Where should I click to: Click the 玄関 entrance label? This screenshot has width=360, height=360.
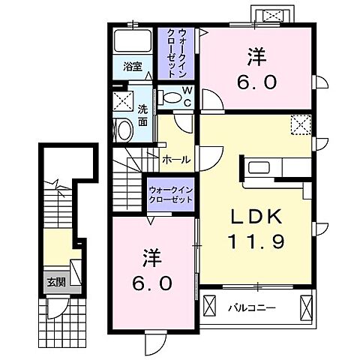click(55, 283)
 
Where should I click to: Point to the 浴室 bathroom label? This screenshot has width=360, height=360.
click(133, 65)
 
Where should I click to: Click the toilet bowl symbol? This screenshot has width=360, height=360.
click(172, 97)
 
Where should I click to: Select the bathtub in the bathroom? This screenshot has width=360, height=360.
click(133, 40)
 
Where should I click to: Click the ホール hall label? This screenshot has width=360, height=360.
click(176, 160)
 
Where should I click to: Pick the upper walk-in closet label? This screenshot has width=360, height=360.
click(176, 49)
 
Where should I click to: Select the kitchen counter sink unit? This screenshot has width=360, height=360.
click(269, 166)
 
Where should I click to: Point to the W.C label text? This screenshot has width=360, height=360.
click(187, 97)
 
